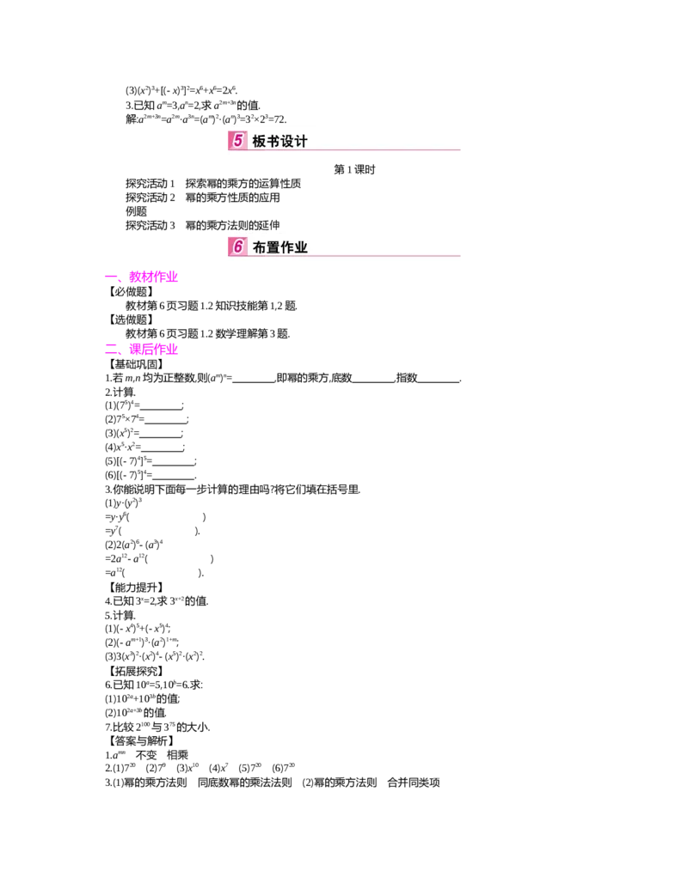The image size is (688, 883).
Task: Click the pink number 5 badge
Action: (237, 141)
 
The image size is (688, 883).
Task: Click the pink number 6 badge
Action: (237, 247)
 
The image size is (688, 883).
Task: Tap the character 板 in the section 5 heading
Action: (260, 142)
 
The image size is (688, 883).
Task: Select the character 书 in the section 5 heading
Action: (274, 142)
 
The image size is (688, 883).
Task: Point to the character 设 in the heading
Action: (289, 142)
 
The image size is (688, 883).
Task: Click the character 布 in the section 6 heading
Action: (260, 247)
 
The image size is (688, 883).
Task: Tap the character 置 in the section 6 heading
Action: (274, 247)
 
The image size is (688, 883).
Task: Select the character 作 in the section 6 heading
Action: (289, 247)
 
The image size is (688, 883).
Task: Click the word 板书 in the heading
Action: (267, 142)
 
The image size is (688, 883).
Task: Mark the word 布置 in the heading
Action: (267, 247)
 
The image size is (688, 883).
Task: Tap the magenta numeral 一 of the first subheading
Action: (112, 277)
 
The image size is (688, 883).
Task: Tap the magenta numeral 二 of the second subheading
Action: (112, 350)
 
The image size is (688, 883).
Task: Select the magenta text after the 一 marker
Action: (153, 277)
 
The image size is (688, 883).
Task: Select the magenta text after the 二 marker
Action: (153, 350)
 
